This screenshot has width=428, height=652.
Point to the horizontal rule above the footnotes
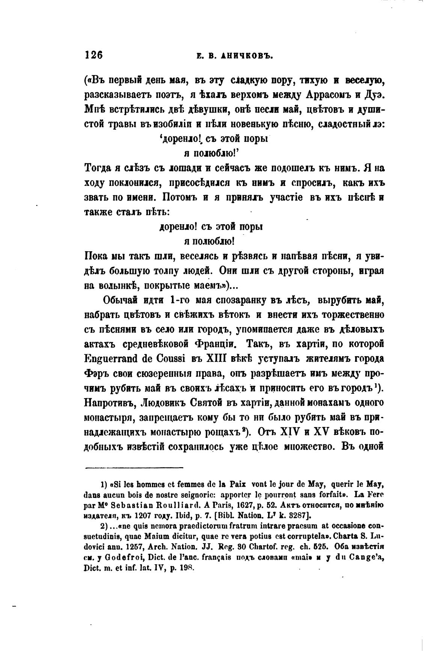(x=134, y=468)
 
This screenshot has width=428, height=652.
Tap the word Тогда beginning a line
(x=98, y=168)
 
